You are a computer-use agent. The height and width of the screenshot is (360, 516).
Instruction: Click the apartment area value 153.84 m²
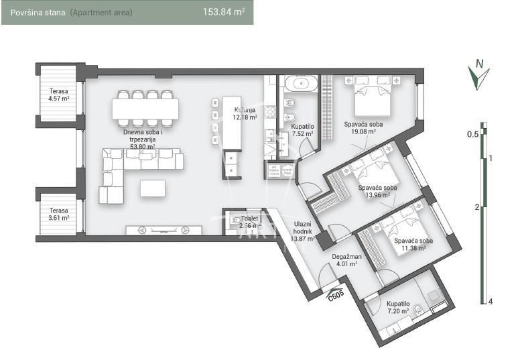pos(223,12)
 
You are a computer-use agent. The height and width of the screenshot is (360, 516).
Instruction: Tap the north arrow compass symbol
pos(478,75)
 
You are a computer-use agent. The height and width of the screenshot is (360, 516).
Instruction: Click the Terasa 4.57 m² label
pos(59,95)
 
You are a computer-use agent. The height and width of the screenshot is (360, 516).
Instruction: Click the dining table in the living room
pos(145,109)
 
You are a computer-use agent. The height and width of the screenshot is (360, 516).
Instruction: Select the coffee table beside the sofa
pos(153,188)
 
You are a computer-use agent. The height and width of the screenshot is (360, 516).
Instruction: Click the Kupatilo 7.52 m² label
pos(302,129)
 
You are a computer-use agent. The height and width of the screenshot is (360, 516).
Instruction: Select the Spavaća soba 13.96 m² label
pos(377,191)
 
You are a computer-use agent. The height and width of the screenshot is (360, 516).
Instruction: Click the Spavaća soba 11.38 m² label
pos(412,244)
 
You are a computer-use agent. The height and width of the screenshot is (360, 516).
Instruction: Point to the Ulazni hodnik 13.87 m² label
pos(303,231)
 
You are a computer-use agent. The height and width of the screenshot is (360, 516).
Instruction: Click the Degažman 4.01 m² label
pos(346,259)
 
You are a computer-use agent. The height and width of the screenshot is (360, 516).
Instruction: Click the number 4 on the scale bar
pos(491,301)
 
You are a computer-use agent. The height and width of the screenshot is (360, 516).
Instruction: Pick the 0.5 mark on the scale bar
pos(472,134)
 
